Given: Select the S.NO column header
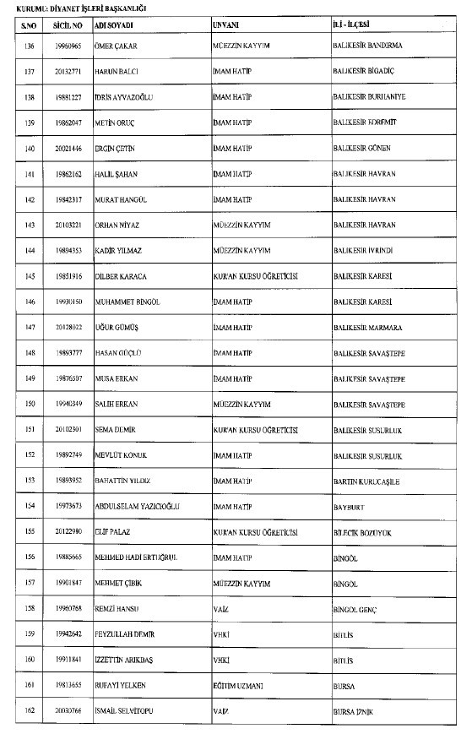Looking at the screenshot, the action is click(29, 26).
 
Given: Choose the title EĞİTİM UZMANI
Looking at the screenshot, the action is click(240, 686).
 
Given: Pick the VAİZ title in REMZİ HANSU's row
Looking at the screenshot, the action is click(222, 609).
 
